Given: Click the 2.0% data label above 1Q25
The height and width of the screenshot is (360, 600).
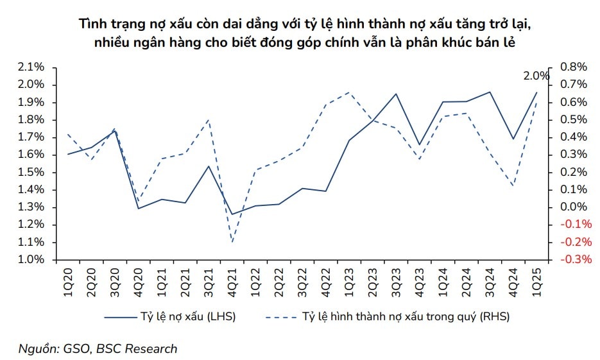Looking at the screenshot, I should [x=536, y=76].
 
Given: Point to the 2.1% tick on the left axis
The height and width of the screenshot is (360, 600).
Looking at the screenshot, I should [x=30, y=67].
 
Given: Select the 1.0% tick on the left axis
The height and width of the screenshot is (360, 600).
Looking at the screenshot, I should [x=30, y=260].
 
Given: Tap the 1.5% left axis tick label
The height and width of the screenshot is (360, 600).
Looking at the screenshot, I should [x=30, y=172].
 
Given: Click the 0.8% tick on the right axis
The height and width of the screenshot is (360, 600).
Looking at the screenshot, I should [x=574, y=67].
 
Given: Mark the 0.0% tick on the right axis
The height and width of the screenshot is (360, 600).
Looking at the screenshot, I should [x=574, y=207].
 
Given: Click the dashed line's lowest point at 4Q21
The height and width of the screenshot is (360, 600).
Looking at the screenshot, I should [x=232, y=242].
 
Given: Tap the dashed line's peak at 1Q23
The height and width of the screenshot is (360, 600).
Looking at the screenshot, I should [x=348, y=92].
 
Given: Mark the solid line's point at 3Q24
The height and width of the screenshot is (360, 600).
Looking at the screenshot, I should [x=490, y=92].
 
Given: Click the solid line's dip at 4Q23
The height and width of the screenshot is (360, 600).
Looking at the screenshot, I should [x=419, y=145].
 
